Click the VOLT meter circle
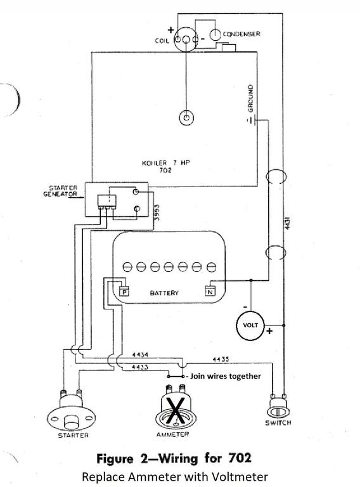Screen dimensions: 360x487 (251, 325)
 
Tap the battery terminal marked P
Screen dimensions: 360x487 (124, 292)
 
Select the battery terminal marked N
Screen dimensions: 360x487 (210, 291)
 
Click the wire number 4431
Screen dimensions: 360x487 (288, 223)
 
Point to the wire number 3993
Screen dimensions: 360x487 (157, 212)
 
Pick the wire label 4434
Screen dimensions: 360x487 (140, 354)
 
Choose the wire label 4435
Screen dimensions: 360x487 (221, 360)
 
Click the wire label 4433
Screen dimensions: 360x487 (140, 367)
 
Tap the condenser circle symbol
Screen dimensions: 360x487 (215, 35)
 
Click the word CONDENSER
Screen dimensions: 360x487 (241, 34)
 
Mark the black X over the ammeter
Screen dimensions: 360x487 (176, 411)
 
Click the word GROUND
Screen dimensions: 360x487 (250, 98)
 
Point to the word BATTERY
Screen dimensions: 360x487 (164, 293)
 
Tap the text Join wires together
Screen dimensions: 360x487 (226, 376)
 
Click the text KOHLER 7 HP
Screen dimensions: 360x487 (166, 163)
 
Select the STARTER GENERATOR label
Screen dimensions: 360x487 (60, 191)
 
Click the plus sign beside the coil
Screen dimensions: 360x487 (170, 30)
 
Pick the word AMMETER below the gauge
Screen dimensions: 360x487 (172, 434)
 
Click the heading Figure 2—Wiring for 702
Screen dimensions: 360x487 (174, 458)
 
